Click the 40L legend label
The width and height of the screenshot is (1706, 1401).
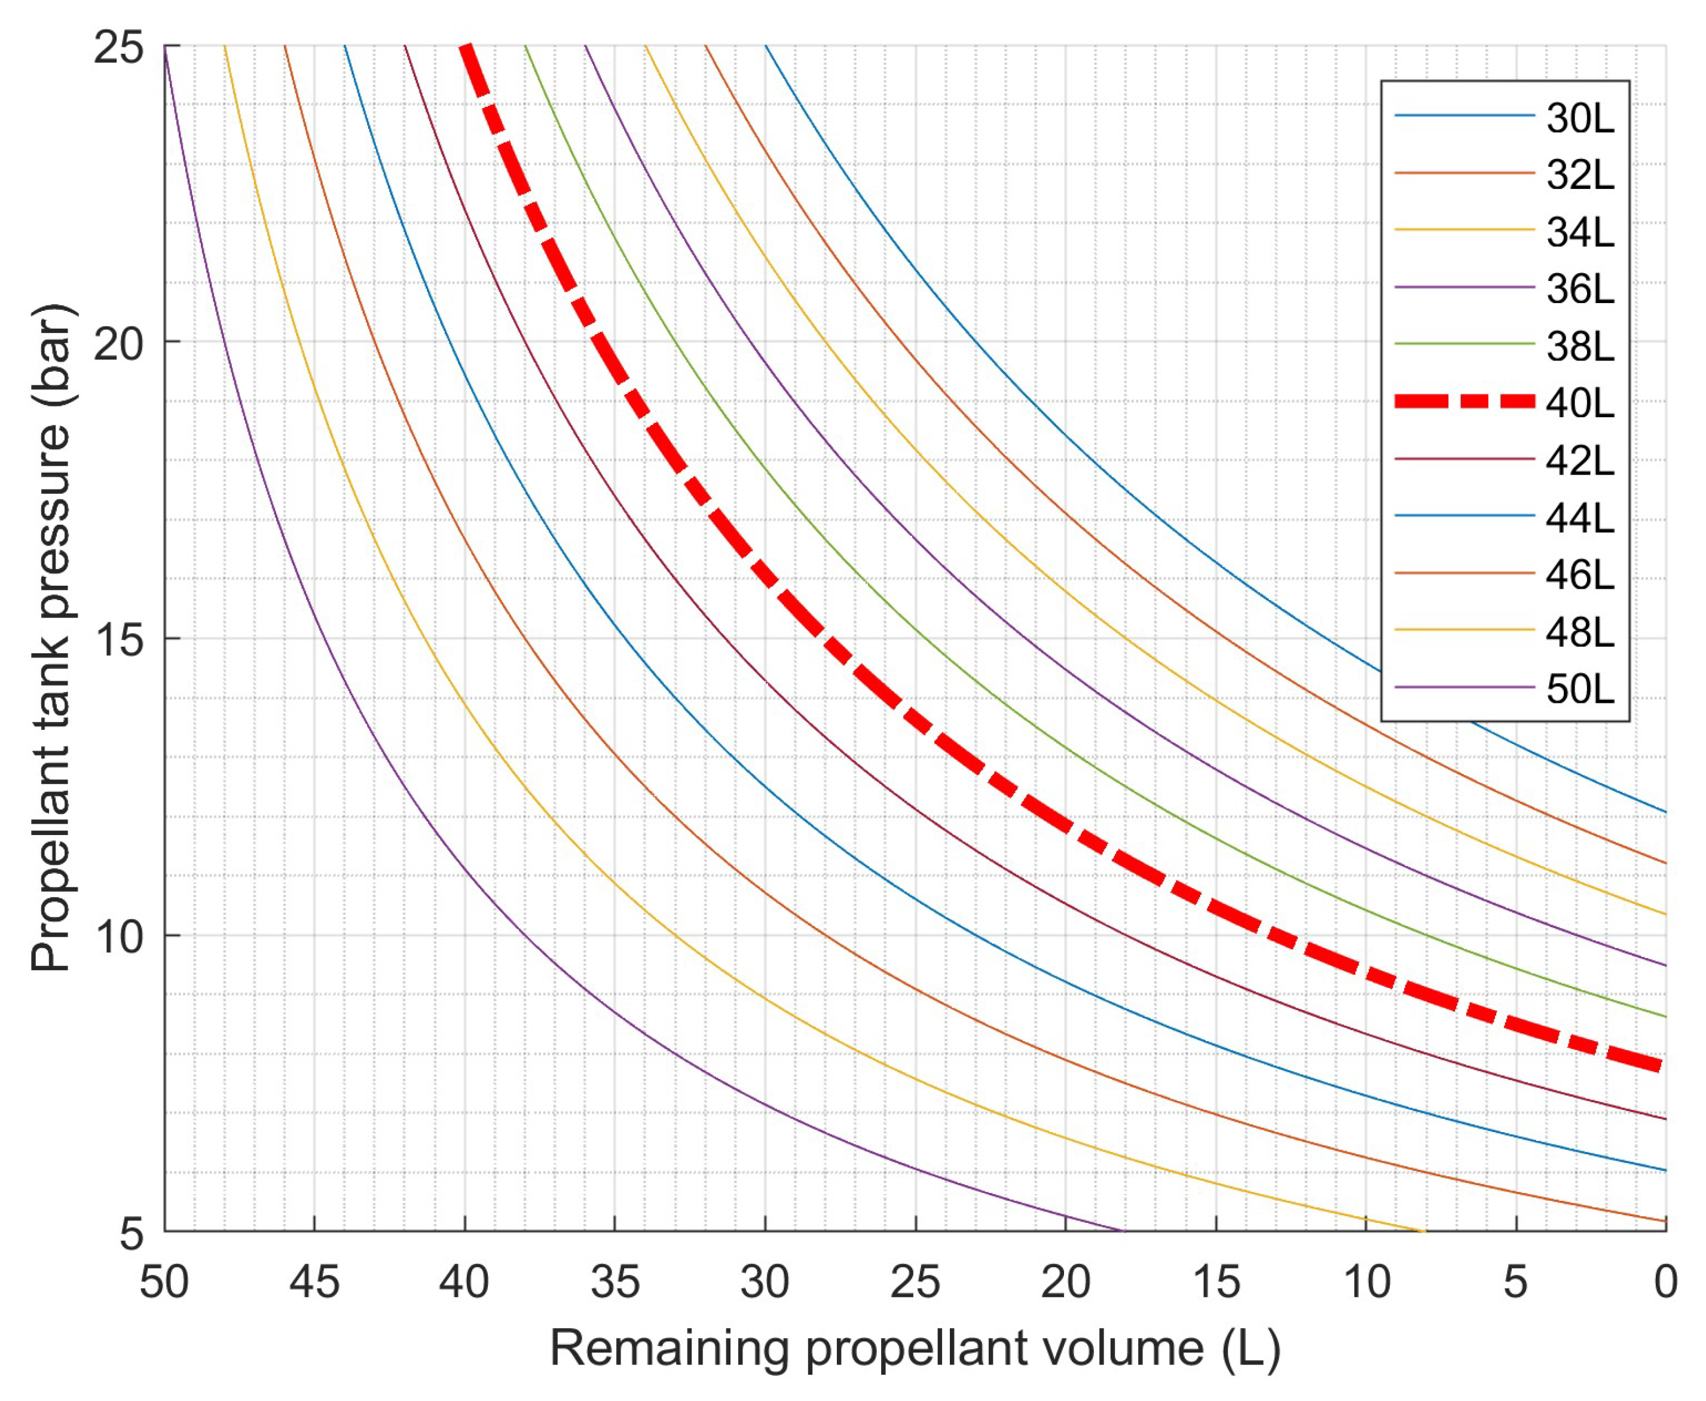tap(1579, 403)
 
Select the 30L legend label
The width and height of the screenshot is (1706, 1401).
tap(1579, 118)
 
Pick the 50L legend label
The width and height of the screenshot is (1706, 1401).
tap(1579, 689)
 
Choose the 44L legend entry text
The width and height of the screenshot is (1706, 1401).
tap(1579, 517)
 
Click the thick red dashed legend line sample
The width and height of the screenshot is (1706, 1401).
tap(1464, 401)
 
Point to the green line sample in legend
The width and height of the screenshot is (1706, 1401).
tap(1464, 344)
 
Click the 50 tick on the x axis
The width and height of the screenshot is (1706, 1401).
tap(164, 1281)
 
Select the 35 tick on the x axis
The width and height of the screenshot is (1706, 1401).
tap(615, 1281)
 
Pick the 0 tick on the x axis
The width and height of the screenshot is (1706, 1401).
tap(1665, 1281)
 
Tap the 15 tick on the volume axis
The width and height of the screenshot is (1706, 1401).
tap(1216, 1281)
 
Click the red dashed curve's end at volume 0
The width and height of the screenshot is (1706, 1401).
tap(1661, 1067)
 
